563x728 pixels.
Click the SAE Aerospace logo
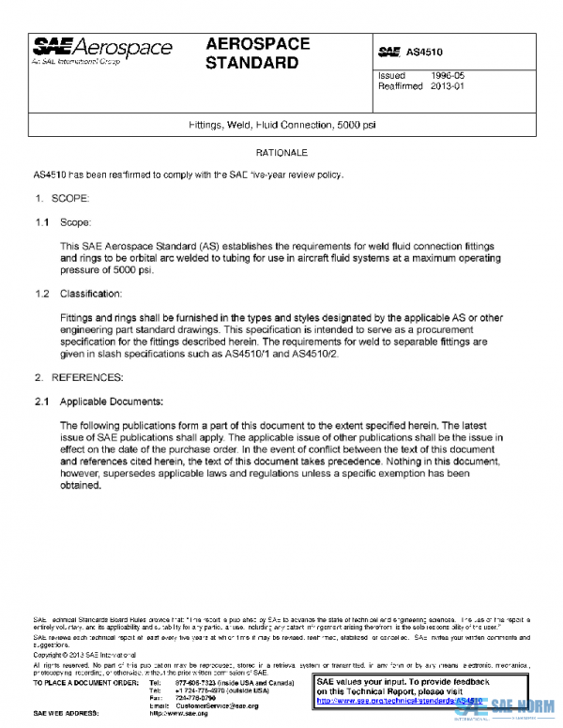(x=102, y=50)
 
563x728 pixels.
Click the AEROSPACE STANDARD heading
(x=253, y=54)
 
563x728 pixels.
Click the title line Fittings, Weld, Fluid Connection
(x=282, y=125)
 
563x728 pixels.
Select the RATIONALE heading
(x=281, y=152)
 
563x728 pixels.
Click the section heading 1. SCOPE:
(x=62, y=200)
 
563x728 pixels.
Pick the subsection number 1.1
(x=42, y=223)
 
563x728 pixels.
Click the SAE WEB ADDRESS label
(x=67, y=714)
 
